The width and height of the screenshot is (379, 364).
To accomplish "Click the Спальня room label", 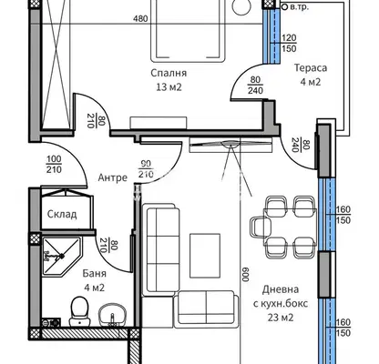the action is click(x=169, y=73).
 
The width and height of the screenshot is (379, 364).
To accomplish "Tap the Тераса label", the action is click(x=311, y=67).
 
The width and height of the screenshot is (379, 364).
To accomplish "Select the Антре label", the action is click(x=113, y=177).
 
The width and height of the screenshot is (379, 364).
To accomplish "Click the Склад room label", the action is click(x=62, y=214).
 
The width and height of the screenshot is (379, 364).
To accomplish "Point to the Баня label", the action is click(x=95, y=273).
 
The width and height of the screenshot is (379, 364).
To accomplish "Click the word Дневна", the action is click(x=281, y=289).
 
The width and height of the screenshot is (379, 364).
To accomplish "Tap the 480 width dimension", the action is click(x=140, y=19).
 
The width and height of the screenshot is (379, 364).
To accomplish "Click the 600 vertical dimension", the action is click(x=245, y=275).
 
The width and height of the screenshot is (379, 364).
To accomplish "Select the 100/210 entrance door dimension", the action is click(x=55, y=164).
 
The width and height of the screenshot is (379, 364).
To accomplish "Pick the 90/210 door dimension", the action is click(x=146, y=169).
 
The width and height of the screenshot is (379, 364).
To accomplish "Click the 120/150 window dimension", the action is click(x=289, y=43).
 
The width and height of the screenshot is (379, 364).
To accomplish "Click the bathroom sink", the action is click(x=112, y=316).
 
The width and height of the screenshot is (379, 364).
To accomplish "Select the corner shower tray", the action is click(x=61, y=257).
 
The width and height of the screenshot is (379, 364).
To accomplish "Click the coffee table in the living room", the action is click(x=205, y=256).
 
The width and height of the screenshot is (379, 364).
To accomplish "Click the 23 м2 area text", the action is click(x=281, y=318).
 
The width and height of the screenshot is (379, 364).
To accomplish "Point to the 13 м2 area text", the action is click(x=169, y=87).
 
